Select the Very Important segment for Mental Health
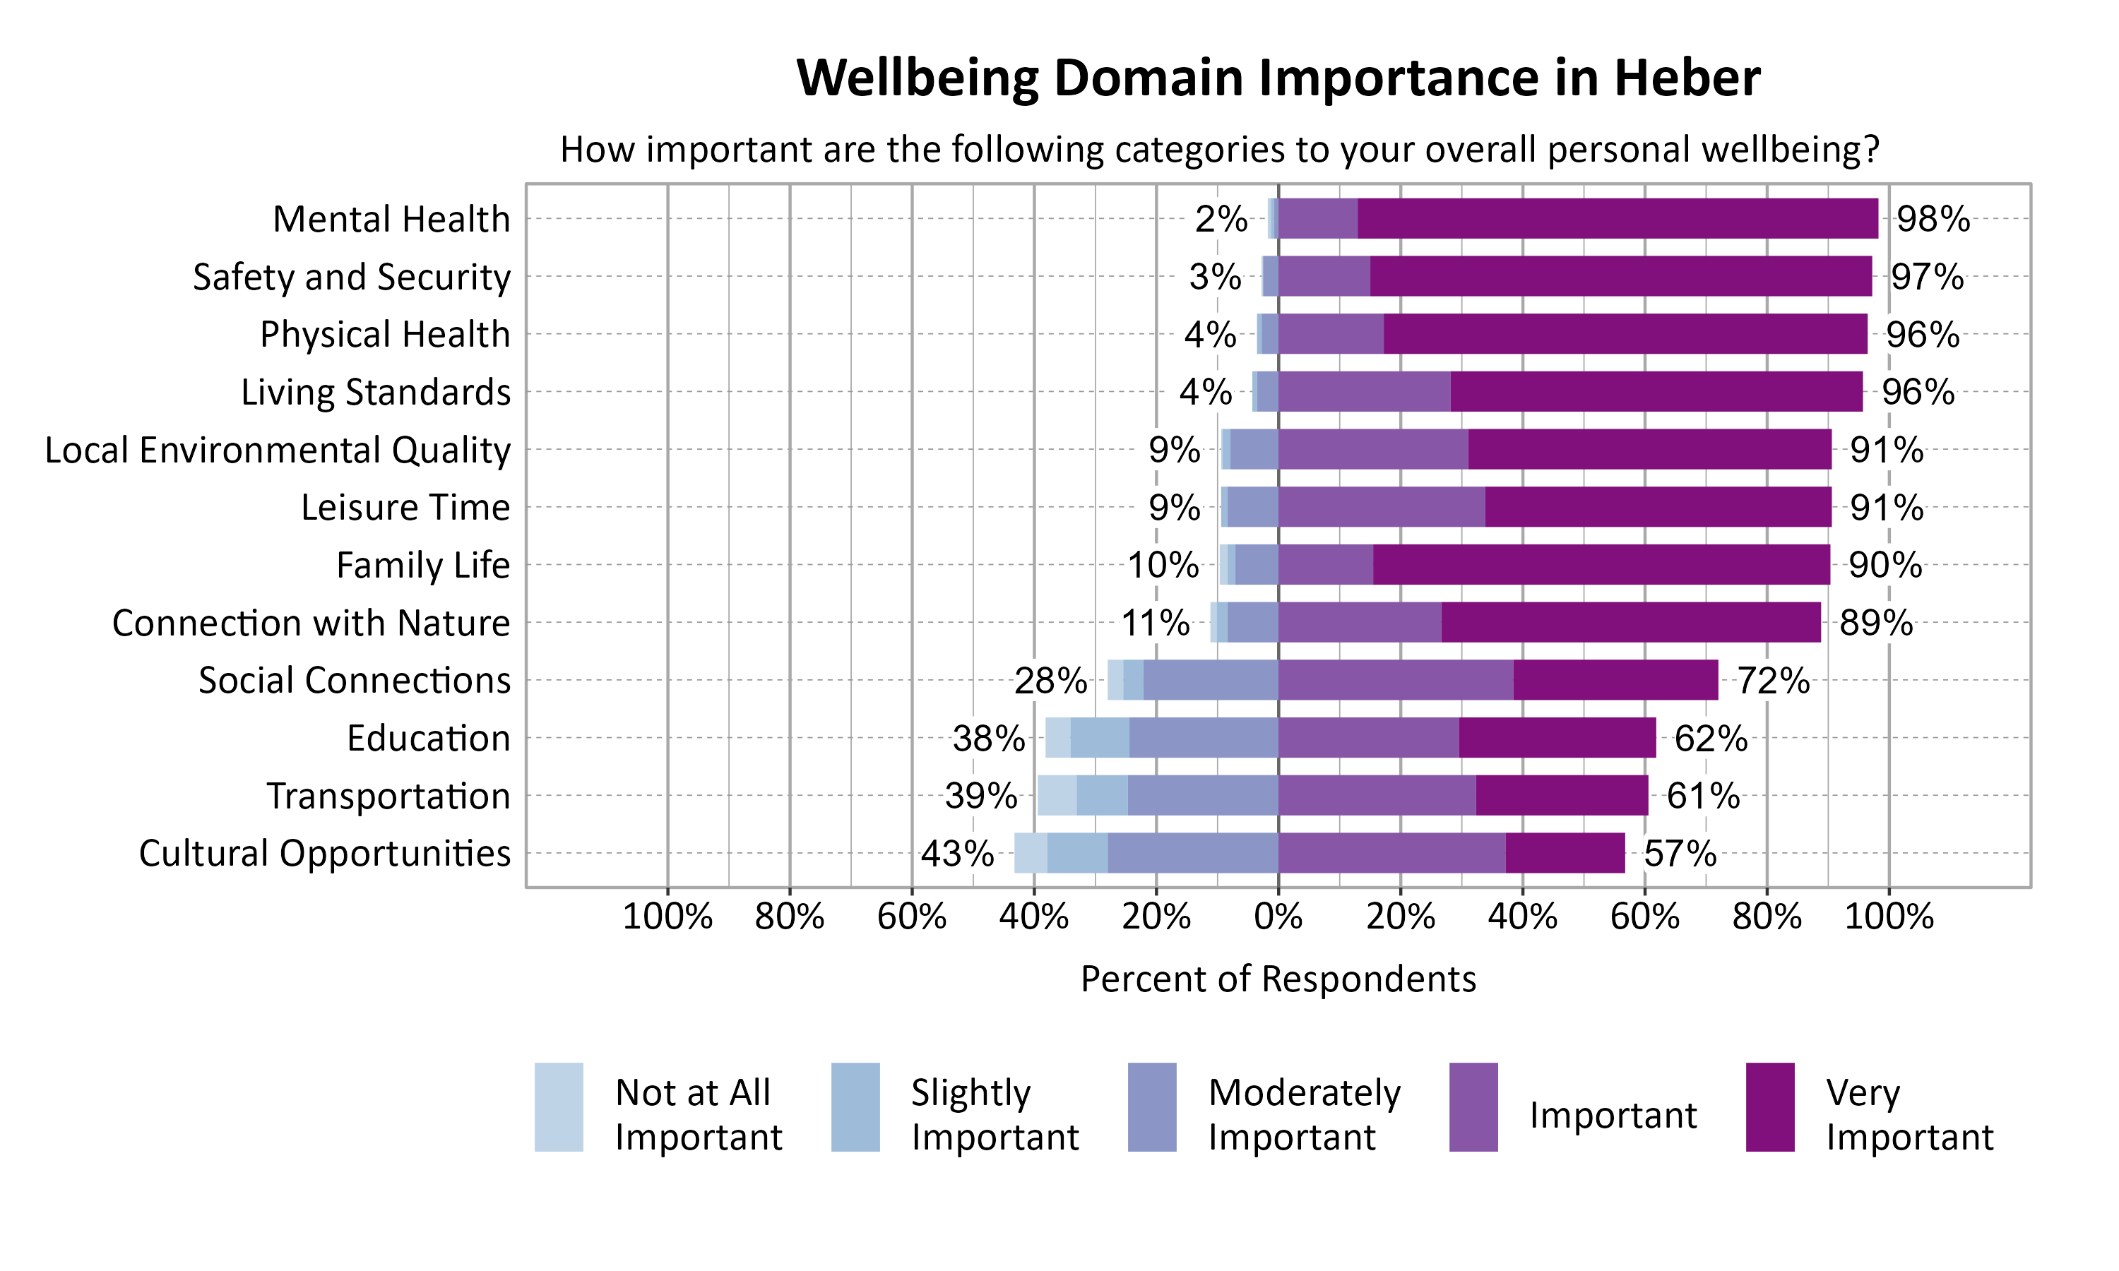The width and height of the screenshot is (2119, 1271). [1617, 218]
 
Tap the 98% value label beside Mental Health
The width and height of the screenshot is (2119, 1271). [1933, 220]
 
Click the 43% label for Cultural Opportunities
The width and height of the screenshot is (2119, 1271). [956, 854]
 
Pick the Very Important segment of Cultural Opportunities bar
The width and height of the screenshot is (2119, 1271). [1565, 853]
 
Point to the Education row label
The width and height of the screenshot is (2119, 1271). [428, 739]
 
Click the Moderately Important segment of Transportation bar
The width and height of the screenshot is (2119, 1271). [1203, 795]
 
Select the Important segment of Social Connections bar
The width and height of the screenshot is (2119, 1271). [1395, 680]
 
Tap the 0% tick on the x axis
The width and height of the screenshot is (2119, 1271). [1278, 917]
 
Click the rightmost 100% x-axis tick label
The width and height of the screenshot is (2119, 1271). [1888, 917]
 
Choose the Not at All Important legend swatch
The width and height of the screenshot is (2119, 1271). [559, 1106]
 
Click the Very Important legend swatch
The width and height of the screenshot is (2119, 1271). [1769, 1106]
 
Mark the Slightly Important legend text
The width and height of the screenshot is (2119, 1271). [995, 1114]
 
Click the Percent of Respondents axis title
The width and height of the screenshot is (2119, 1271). [1278, 979]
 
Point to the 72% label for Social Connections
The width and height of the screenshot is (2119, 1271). [1773, 681]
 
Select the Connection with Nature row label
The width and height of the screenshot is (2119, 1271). [311, 623]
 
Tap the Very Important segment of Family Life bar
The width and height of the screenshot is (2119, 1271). [1601, 564]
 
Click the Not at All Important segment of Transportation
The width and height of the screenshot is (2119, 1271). [1057, 795]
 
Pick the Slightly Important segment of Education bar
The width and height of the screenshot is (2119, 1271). [1100, 737]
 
